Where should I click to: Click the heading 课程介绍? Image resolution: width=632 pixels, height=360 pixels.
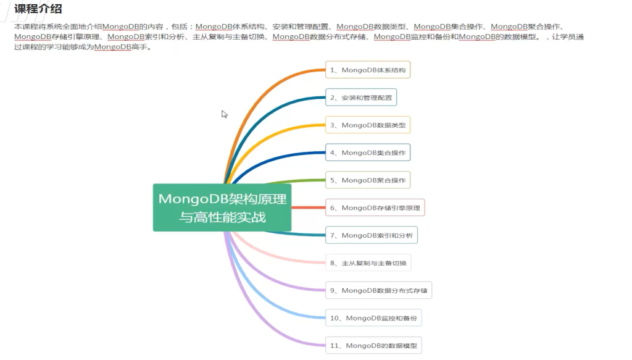click(38, 9)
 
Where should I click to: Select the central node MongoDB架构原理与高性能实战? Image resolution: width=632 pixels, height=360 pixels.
click(222, 207)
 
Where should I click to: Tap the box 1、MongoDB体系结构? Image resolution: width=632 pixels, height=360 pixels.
click(368, 70)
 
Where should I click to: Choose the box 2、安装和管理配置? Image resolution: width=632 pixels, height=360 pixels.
click(361, 97)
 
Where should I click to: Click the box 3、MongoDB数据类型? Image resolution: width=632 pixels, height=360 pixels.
click(368, 125)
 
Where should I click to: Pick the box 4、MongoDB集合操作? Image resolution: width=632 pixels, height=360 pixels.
click(368, 153)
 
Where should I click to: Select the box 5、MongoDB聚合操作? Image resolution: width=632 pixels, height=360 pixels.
click(368, 180)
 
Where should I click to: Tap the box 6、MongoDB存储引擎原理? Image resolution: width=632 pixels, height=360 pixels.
click(375, 207)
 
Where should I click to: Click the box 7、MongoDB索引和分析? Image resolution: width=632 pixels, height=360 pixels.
click(371, 235)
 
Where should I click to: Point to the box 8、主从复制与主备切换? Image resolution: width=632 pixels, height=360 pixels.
click(368, 263)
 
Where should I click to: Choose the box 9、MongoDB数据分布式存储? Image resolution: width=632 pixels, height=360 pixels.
click(378, 290)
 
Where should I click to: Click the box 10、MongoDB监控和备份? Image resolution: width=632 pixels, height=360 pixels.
click(373, 317)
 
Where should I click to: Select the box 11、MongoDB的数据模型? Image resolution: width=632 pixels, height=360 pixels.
click(373, 345)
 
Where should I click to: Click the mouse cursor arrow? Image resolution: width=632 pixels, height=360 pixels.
click(224, 114)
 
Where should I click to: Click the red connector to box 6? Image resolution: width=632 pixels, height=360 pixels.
click(309, 207)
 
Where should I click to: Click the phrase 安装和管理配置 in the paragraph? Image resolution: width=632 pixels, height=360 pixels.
click(300, 27)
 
